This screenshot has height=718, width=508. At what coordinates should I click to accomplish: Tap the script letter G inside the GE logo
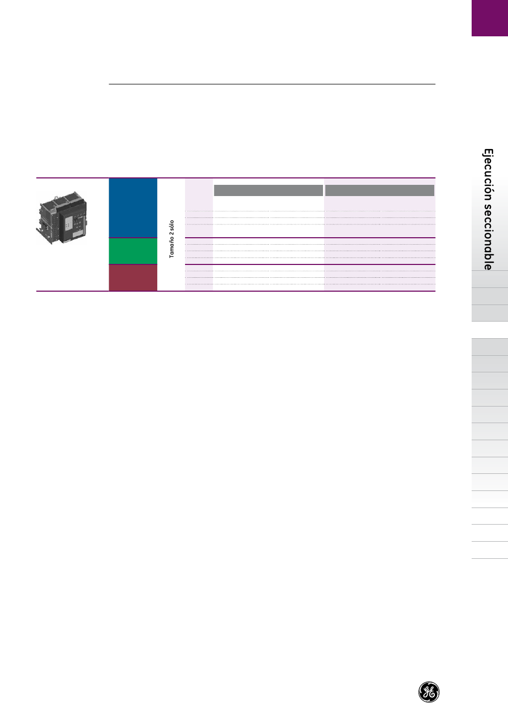click(x=426, y=692)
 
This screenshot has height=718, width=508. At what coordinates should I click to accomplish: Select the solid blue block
click(x=133, y=208)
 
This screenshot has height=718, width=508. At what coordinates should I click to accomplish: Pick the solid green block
click(x=133, y=251)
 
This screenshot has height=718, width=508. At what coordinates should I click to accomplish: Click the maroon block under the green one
click(x=133, y=278)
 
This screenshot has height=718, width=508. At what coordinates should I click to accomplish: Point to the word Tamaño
click(x=172, y=249)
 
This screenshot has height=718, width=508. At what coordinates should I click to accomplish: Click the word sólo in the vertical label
click(x=172, y=226)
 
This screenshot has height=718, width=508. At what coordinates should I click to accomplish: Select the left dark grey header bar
click(x=268, y=190)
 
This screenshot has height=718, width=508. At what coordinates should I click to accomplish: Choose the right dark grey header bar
click(x=380, y=190)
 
